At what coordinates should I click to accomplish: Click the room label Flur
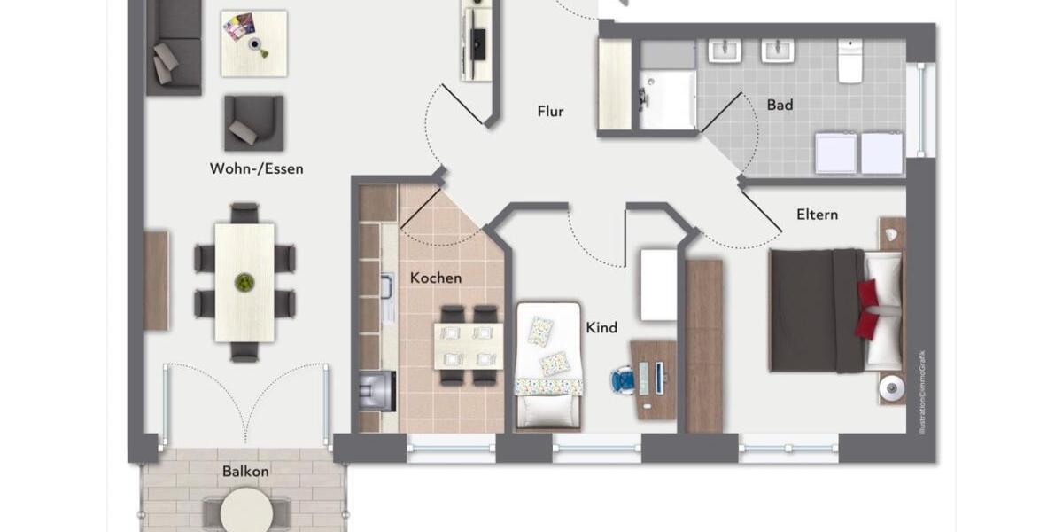(550, 112)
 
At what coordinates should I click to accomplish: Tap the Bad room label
(780, 105)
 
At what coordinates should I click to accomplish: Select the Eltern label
(817, 215)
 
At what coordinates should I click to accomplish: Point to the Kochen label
(435, 278)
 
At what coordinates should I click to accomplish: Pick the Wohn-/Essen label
(256, 168)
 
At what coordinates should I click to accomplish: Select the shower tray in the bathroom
(667, 98)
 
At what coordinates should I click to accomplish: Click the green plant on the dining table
(244, 283)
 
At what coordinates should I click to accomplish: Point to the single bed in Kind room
(549, 364)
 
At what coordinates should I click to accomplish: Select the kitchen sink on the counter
(387, 287)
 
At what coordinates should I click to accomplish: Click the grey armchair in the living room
(253, 122)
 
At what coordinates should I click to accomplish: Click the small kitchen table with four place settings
(467, 346)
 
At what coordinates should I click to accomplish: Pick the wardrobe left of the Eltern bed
(704, 346)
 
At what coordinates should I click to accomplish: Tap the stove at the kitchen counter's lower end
(378, 387)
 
